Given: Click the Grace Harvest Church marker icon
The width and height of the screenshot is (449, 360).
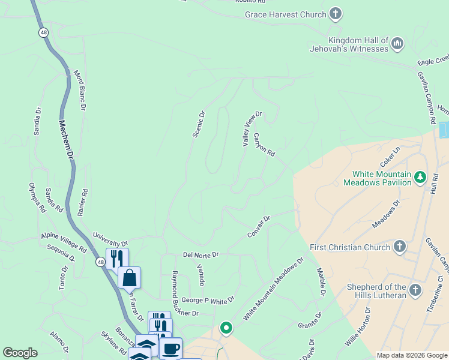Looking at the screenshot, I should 336,14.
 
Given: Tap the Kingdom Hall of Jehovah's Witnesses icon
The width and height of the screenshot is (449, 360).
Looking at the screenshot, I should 397,44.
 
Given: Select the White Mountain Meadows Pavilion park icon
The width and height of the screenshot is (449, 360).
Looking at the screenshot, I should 420,178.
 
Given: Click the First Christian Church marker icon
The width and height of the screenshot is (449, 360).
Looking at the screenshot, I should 399,247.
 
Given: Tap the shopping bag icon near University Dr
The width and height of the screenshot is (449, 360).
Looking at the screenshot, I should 129,278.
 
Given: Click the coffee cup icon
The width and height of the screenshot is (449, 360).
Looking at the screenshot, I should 170,348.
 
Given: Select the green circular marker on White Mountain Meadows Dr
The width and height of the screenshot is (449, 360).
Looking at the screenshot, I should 226,328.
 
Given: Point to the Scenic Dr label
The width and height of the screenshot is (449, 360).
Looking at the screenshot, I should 199,124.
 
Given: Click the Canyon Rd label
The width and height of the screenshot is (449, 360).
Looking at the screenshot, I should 264,145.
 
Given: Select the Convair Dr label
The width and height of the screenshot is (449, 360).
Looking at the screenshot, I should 259,226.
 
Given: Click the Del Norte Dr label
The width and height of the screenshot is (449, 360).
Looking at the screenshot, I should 201,255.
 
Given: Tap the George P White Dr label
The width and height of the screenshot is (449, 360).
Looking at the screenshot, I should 208,299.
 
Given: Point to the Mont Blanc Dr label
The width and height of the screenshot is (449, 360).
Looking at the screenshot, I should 80,90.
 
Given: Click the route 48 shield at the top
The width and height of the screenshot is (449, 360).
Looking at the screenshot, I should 43,33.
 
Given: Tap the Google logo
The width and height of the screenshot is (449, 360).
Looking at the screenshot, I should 20,353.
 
